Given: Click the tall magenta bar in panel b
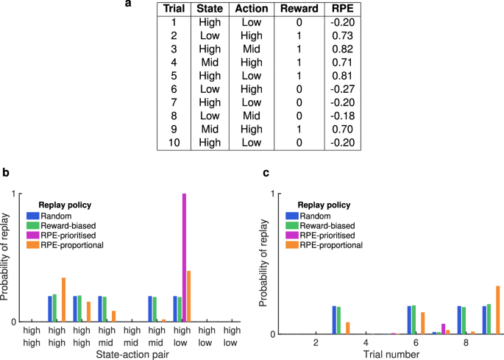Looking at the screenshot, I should coord(184,258).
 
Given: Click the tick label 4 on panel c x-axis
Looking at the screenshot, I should coord(366,343).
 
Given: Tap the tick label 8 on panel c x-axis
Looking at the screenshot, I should coord(466,343).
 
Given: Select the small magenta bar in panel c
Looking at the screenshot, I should coord(443,328).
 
